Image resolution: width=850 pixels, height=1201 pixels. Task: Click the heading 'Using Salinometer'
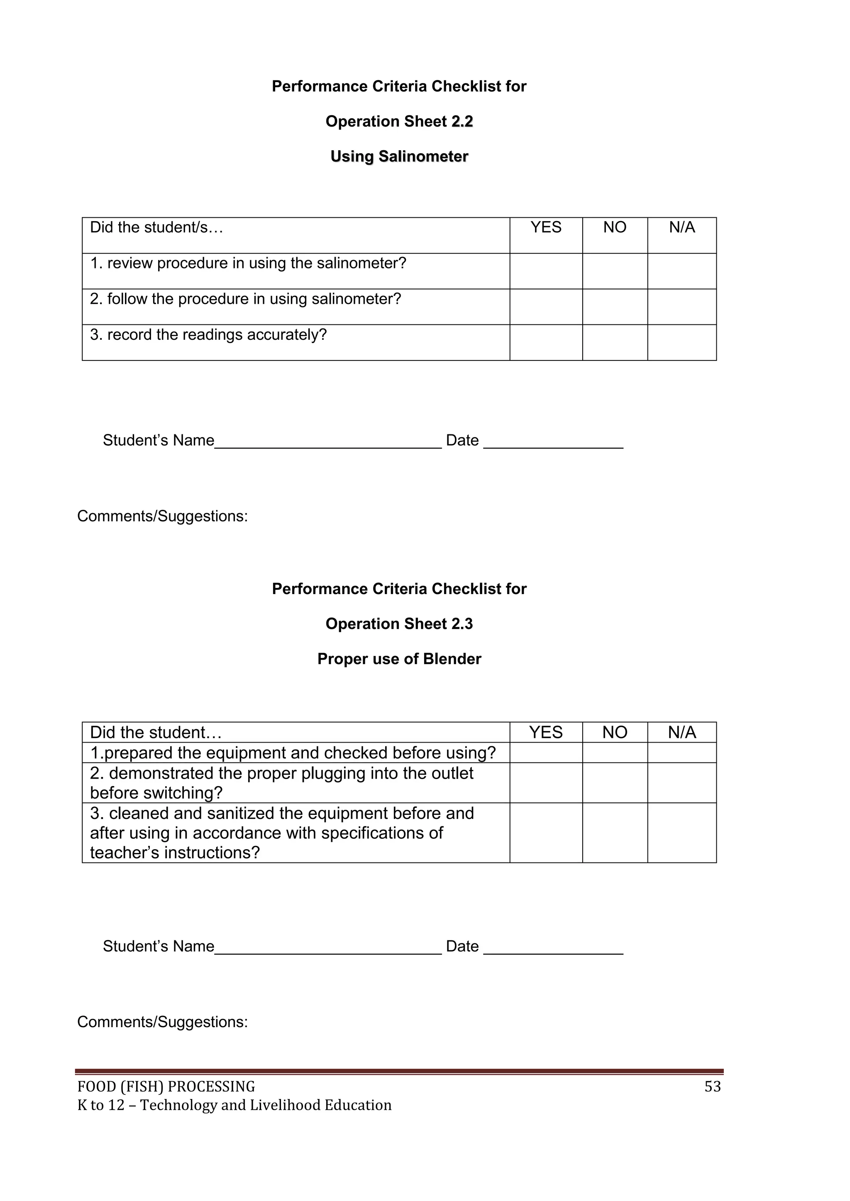[399, 156]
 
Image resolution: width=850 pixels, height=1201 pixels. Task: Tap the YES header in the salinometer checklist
[545, 227]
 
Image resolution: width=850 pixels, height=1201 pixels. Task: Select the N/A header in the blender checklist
[681, 732]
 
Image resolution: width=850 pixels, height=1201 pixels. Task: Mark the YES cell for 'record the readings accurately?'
[545, 343]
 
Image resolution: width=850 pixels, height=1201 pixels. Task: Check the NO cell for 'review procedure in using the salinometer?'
[615, 271]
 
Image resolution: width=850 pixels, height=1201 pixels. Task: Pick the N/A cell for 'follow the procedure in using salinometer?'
[681, 307]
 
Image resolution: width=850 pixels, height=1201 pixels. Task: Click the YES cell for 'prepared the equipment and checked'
[545, 753]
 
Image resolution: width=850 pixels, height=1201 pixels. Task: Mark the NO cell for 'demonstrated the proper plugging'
[615, 783]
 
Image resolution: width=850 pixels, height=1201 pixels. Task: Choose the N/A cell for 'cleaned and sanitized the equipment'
[681, 833]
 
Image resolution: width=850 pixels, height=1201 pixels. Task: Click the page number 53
[712, 1087]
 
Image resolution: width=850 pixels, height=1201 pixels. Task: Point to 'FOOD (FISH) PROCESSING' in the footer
[166, 1087]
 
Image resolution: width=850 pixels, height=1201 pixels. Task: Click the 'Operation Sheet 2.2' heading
[399, 122]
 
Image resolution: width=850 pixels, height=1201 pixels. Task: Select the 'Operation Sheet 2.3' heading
[399, 624]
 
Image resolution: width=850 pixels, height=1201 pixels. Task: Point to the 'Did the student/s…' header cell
[156, 227]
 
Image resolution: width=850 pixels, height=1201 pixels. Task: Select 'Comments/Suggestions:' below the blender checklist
[162, 1022]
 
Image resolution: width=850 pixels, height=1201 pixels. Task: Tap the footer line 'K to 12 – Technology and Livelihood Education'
[234, 1105]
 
